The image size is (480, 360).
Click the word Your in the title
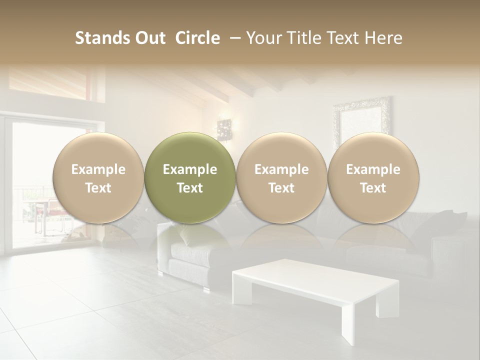pos(262,38)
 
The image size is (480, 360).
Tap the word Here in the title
pos(383,38)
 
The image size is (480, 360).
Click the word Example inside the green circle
pos(190,169)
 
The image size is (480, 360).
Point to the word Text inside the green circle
pos(190,188)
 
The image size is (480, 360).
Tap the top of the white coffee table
pos(315,277)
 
